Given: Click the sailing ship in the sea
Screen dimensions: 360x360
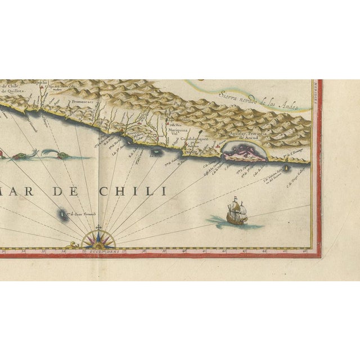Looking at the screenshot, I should (x=236, y=213).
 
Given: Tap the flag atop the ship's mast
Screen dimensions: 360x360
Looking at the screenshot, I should (x=235, y=199).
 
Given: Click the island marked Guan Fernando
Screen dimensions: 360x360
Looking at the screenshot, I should (x=61, y=214).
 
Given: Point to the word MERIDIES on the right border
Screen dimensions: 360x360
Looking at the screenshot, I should (x=318, y=93).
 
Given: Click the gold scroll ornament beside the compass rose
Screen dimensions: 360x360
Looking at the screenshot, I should (x=71, y=245).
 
